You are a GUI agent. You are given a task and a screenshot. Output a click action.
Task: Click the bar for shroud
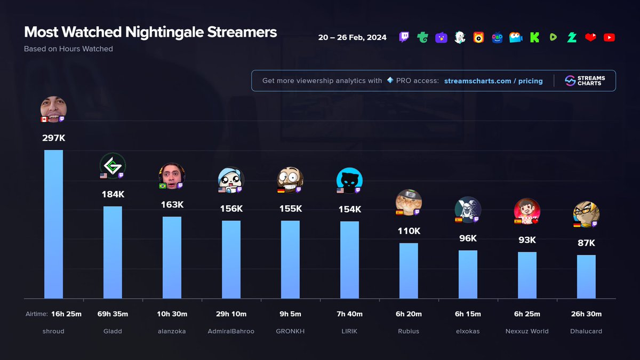tap(53, 224)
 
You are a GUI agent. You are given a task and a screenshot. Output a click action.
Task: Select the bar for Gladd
tap(113, 252)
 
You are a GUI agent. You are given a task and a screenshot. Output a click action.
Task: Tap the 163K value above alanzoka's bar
tap(172, 204)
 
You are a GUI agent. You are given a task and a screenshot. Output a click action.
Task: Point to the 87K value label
tap(586, 243)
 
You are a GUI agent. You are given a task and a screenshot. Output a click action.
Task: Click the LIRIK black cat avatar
tap(349, 180)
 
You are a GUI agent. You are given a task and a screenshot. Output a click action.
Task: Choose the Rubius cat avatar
tap(409, 202)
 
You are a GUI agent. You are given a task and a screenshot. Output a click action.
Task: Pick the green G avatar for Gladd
tap(113, 165)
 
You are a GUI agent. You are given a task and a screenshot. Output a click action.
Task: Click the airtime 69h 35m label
tap(113, 314)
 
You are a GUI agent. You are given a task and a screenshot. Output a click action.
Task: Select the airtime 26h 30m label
tap(586, 314)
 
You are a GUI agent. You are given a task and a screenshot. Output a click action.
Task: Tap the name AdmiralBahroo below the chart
tap(231, 331)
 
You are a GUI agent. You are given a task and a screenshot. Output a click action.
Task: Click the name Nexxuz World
tap(527, 331)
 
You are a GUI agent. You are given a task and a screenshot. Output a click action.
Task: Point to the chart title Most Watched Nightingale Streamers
tap(150, 32)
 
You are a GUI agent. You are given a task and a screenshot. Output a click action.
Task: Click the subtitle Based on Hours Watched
tap(68, 49)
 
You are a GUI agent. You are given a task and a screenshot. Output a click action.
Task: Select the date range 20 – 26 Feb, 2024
tap(352, 37)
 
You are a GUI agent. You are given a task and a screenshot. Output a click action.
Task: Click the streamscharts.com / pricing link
tap(493, 81)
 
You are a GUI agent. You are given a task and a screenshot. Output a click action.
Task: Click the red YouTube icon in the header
tap(609, 37)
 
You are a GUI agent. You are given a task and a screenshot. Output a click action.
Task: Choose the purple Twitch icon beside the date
tap(404, 37)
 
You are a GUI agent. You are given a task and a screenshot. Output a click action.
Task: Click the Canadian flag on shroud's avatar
tap(44, 119)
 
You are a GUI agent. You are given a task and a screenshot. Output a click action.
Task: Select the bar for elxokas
tap(468, 274)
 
